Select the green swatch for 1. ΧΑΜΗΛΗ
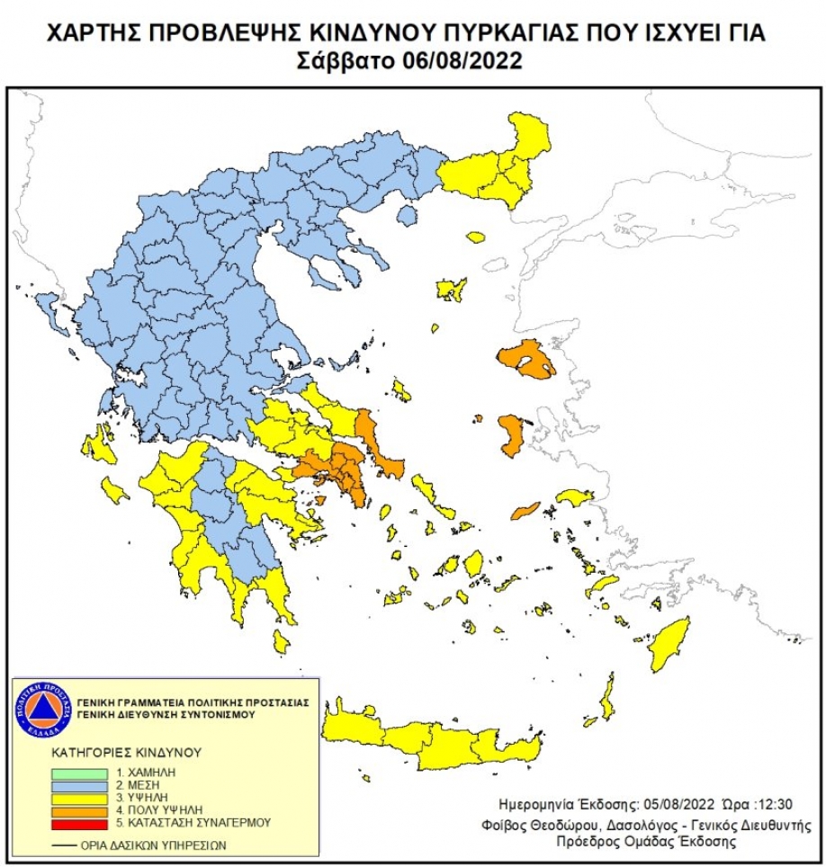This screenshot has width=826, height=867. pyautogui.click(x=82, y=773)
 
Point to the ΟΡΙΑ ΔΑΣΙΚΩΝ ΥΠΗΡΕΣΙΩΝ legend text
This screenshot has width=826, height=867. pyautogui.click(x=154, y=845)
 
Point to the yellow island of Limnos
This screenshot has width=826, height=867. pyautogui.click(x=450, y=289)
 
